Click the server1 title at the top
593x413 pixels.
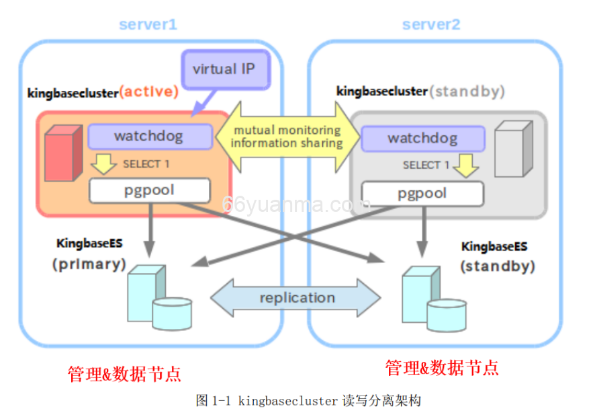pos(148,25)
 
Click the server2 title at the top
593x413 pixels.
pos(431,25)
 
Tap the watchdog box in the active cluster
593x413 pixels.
pos(148,137)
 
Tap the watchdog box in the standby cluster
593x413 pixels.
pos(422,139)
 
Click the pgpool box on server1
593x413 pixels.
pos(149,190)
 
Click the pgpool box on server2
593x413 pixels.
pos(422,194)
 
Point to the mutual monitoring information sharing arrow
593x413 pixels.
pos(287,137)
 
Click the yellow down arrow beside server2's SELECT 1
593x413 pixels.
pos(464,163)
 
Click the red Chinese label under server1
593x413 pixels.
pos(124,373)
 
